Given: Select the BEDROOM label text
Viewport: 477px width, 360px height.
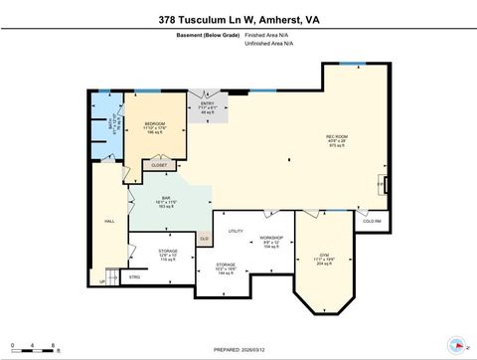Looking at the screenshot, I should point(154,124).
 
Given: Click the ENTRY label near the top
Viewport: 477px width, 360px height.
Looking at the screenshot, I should point(208,102).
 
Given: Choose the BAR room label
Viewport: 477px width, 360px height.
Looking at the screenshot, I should point(167,199).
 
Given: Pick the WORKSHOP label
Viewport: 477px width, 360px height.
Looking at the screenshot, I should point(272,238).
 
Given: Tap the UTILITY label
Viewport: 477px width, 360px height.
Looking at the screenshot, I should point(236,231).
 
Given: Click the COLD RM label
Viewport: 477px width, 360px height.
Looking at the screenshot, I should point(371,220).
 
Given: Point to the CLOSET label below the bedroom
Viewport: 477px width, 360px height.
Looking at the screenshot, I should point(159,165).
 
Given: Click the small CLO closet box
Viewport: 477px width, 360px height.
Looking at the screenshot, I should point(204,238).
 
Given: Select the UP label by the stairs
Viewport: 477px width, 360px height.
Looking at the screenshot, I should point(101,282).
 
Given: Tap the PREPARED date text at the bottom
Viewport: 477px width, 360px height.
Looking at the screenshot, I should point(238,350).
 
